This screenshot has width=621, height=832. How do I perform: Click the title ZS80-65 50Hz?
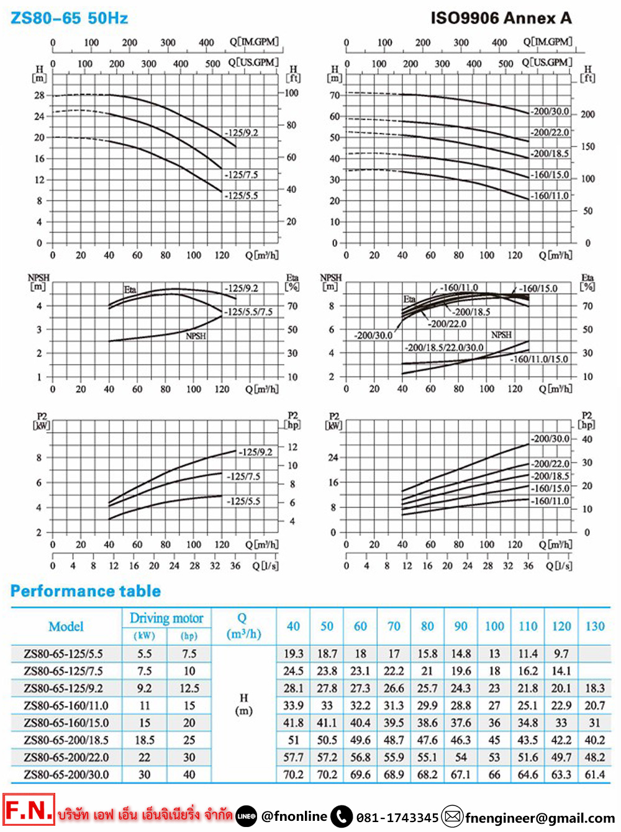(x=69, y=18)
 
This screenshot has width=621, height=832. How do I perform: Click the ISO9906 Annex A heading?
(x=501, y=18)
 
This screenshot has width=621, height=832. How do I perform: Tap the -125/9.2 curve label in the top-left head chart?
(x=242, y=133)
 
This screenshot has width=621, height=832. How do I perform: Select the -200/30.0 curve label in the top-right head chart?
(x=550, y=112)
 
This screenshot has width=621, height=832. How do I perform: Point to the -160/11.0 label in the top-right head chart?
(x=550, y=195)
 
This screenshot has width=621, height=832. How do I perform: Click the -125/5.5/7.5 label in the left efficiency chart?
(x=248, y=312)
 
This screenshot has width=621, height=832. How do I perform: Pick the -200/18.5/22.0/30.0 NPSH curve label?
(x=444, y=347)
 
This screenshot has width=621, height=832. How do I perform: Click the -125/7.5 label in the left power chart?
(x=243, y=476)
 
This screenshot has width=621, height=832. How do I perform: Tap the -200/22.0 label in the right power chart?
(x=550, y=463)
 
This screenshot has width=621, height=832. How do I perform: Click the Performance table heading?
(x=86, y=591)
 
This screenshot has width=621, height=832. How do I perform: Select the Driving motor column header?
(x=166, y=618)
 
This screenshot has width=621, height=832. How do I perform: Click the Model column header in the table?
(x=66, y=627)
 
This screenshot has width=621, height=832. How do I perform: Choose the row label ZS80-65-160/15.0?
(x=66, y=723)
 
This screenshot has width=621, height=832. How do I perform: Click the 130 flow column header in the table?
(x=594, y=627)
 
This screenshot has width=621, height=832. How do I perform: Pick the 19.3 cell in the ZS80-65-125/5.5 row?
(x=293, y=654)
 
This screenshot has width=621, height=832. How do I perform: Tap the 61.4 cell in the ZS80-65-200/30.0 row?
(x=594, y=775)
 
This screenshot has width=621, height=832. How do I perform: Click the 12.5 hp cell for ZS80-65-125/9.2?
(x=189, y=689)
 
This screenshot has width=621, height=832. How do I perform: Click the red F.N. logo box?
(x=29, y=810)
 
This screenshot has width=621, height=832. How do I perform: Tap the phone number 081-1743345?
(x=397, y=818)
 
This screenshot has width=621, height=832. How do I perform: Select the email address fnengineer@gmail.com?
(x=540, y=818)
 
